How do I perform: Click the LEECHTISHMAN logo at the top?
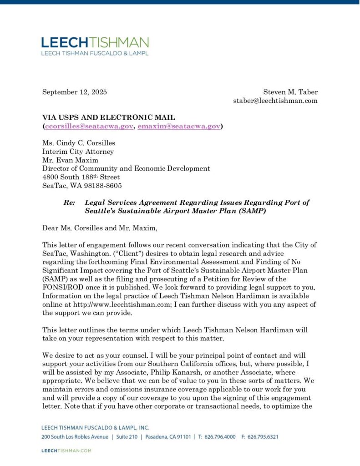[x=95, y=42]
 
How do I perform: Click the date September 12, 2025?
[x=75, y=92]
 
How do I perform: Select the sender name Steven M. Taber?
[x=290, y=92]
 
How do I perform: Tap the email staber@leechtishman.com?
[x=275, y=101]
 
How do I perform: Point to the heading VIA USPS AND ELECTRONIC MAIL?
[x=109, y=117]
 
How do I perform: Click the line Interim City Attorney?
[x=78, y=152]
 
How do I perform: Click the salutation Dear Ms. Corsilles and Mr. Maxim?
[x=99, y=228]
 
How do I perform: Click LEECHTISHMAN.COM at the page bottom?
[x=66, y=451]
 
